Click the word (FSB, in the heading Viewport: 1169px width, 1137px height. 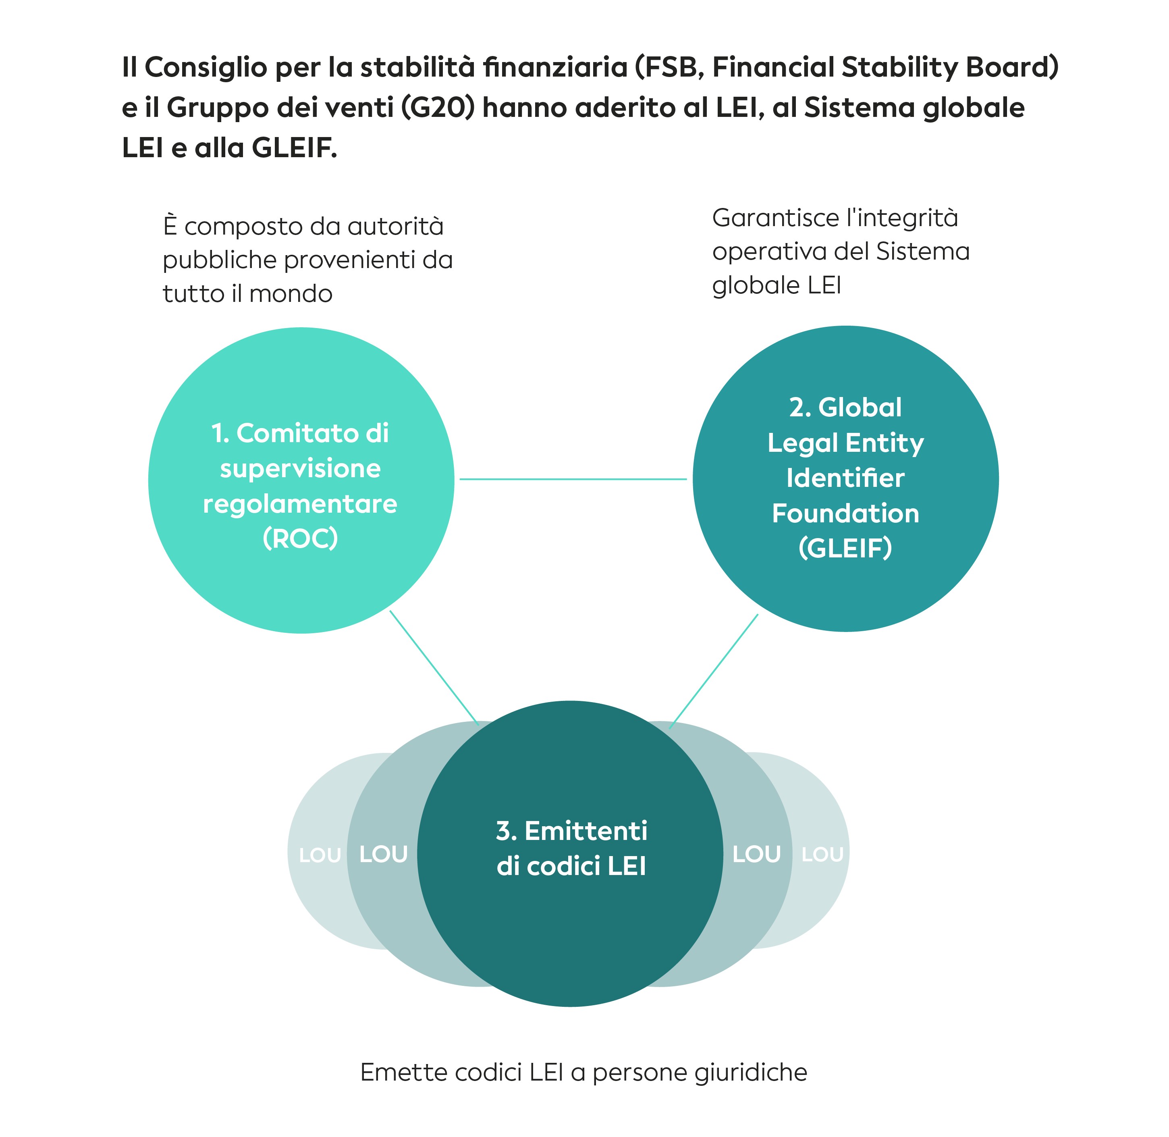669,67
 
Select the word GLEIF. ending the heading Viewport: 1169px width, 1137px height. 294,148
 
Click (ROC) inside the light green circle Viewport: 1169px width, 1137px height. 300,538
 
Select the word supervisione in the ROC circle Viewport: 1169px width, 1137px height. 300,469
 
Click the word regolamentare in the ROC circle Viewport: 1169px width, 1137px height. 300,504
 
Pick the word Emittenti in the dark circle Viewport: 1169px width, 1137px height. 586,831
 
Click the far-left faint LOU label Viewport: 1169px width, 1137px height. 320,856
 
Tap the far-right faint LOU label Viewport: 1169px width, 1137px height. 822,854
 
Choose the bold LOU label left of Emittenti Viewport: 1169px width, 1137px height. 383,854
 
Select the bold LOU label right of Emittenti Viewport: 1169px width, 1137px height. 756,854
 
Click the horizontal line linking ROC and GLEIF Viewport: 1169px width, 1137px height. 573,479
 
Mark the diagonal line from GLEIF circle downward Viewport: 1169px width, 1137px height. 714,671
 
